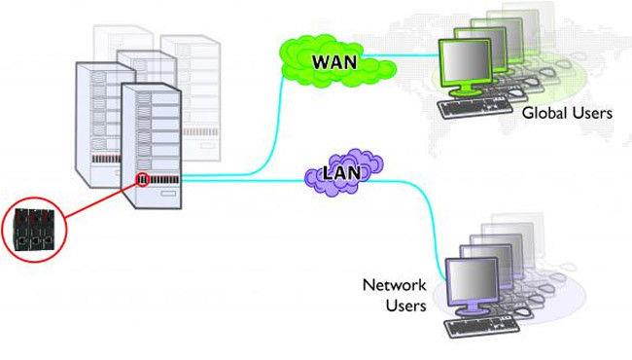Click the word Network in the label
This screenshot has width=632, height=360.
point(394,286)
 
